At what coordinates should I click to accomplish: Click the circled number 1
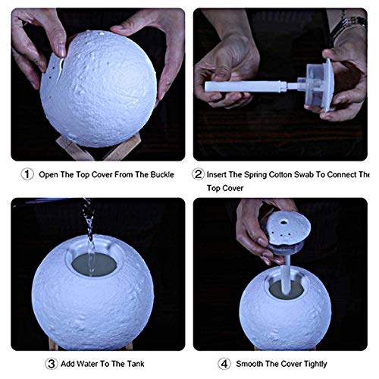point(27,174)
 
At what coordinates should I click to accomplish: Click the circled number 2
point(199,174)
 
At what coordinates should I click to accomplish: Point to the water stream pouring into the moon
point(88,231)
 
